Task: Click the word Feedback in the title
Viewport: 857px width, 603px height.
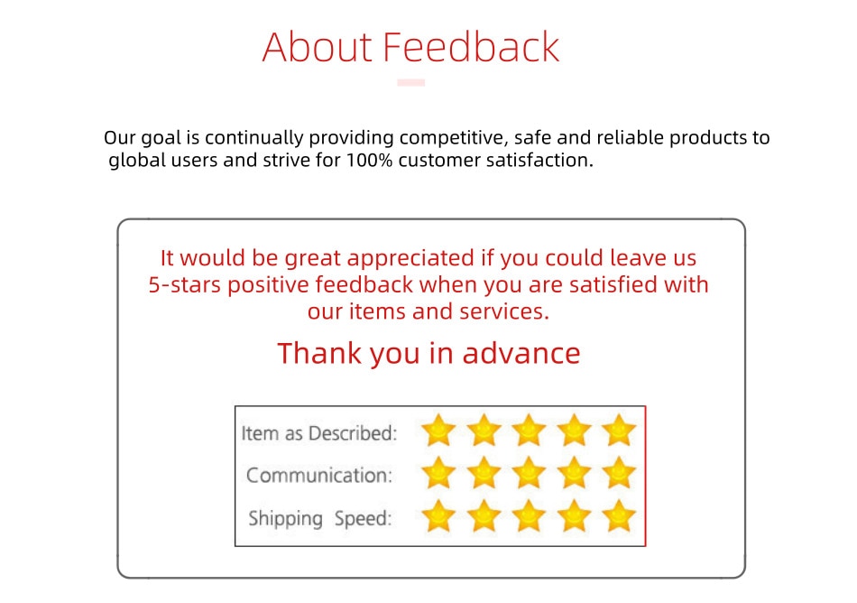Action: pyautogui.click(x=471, y=47)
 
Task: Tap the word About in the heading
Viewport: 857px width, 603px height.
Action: pyautogui.click(x=318, y=47)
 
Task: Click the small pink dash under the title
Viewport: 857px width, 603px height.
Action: pyautogui.click(x=411, y=82)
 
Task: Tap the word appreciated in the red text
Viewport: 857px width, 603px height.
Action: pyautogui.click(x=410, y=258)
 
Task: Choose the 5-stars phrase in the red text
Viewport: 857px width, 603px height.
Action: pyautogui.click(x=184, y=285)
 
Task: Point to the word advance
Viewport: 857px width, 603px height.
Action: pyautogui.click(x=521, y=353)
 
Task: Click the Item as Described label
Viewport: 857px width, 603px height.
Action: pyautogui.click(x=319, y=433)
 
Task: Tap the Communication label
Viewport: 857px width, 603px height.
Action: pyautogui.click(x=319, y=475)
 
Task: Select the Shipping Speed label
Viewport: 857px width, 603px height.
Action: pyautogui.click(x=319, y=518)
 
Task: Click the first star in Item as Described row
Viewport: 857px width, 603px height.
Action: pyautogui.click(x=438, y=431)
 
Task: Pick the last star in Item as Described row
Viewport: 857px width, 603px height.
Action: pyautogui.click(x=619, y=431)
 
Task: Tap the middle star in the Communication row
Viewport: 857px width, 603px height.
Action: pyautogui.click(x=529, y=473)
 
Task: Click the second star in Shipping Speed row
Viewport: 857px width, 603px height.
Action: pyautogui.click(x=484, y=515)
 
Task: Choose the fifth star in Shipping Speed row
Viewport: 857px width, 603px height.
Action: pyautogui.click(x=619, y=515)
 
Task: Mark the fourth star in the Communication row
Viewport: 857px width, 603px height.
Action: pyautogui.click(x=574, y=473)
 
